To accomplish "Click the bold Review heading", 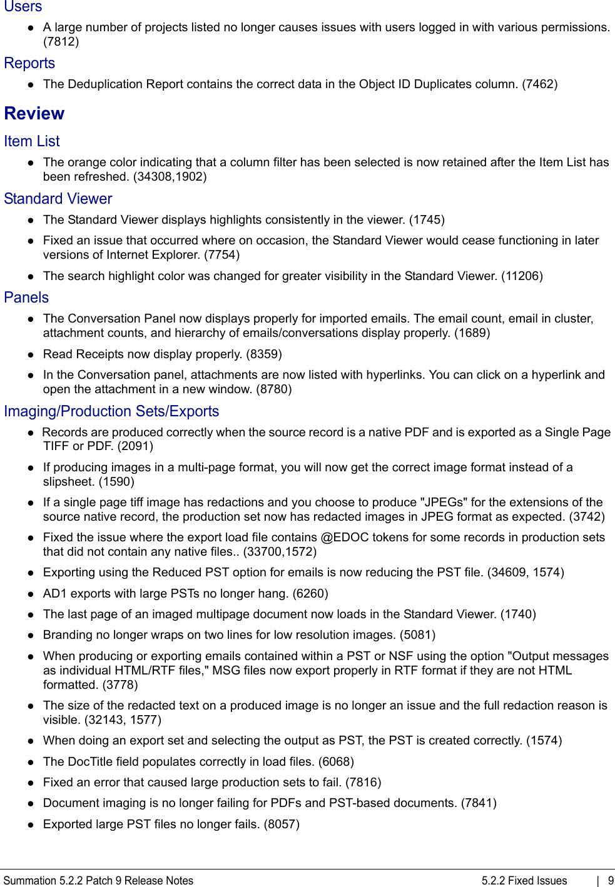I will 34,114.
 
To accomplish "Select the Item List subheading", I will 32,141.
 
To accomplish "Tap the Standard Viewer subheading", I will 58,199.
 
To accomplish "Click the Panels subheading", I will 26,298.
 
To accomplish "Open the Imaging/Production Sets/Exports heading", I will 111,411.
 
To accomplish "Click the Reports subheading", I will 29,63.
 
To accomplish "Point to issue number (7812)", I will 61,42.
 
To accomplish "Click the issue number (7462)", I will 539,84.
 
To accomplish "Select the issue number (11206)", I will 522,276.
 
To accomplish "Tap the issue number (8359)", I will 263,354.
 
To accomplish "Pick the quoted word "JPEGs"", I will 444,503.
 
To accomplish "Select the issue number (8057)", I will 281,824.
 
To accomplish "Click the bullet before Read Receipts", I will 30,354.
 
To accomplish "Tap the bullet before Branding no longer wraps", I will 30,635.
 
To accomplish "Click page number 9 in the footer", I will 611,881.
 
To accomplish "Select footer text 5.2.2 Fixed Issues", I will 524,881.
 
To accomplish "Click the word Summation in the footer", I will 30,881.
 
